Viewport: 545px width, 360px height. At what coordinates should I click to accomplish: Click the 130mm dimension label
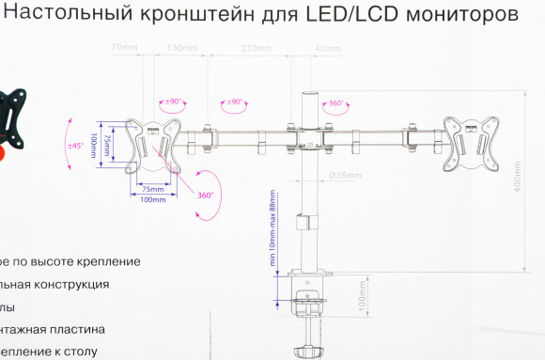pos(181,47)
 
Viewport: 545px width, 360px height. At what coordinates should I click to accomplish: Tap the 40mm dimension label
pos(328,47)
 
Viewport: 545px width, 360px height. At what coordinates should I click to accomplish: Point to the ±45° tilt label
pos(76,146)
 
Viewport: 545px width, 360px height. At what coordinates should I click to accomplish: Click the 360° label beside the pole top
pos(335,103)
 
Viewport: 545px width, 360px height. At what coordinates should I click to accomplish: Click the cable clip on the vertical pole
pos(304,224)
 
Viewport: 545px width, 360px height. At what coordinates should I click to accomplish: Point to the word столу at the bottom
pos(80,352)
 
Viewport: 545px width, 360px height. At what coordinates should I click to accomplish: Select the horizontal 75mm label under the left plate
pos(151,189)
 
